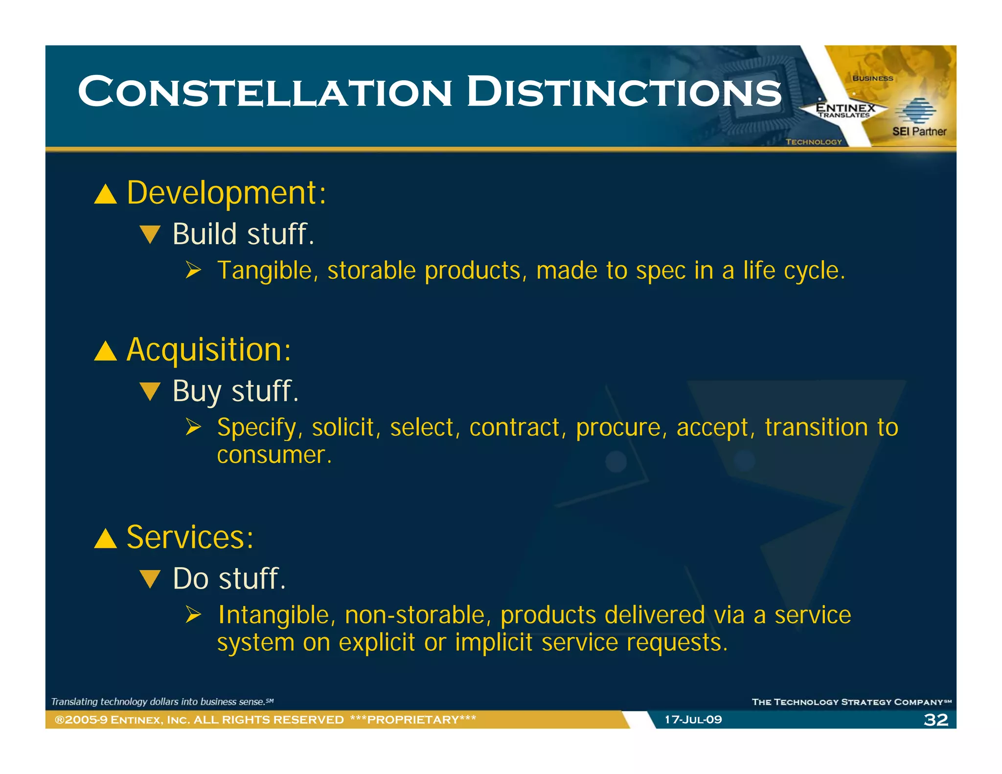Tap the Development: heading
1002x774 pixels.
tap(226, 193)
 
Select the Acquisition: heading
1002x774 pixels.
tap(208, 350)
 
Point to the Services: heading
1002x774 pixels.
tap(190, 537)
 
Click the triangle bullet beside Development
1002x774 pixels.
tap(105, 194)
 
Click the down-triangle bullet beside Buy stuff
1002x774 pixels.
tap(150, 391)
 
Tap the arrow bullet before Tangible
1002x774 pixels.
tap(193, 270)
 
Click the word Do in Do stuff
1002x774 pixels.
tap(191, 579)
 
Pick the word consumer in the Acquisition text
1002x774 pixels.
tap(272, 455)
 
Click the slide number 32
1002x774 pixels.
tap(935, 720)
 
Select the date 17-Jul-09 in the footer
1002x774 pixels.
tap(693, 720)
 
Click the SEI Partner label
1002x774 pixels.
tap(919, 131)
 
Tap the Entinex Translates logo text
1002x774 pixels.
tap(845, 110)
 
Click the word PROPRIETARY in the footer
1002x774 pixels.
tap(413, 720)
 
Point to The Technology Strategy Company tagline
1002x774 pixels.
tap(850, 702)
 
